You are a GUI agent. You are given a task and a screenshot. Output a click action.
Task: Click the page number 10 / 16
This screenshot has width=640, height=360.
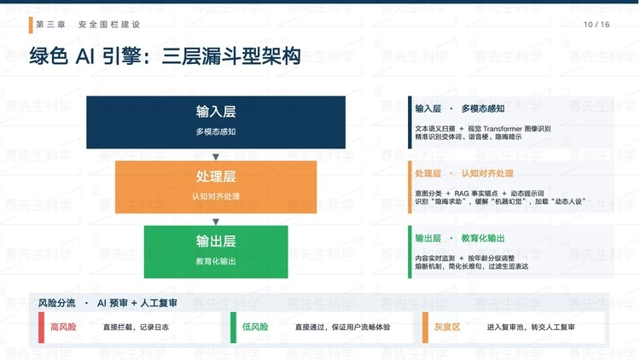tap(596, 25)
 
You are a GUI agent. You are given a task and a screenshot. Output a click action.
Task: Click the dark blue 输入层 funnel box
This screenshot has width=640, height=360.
tap(216, 122)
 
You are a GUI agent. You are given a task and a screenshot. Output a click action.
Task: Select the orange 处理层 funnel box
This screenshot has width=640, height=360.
tap(216, 187)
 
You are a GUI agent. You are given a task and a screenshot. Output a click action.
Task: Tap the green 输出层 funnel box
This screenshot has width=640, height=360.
tap(216, 252)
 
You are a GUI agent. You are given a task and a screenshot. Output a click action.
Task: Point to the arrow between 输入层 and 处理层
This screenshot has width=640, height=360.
tap(216, 157)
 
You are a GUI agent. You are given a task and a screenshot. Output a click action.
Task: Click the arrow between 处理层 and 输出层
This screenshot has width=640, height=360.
tap(216, 222)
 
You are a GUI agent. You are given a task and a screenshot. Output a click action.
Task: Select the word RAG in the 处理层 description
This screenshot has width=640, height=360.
tap(461, 194)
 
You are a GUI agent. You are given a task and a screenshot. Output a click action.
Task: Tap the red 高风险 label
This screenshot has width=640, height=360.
tap(63, 327)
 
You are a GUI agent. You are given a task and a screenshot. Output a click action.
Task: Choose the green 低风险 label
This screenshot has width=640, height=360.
tap(255, 327)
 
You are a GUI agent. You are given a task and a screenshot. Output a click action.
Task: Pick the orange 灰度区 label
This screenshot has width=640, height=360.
tap(447, 327)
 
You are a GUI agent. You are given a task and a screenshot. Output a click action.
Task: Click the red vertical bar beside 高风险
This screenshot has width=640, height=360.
tap(41, 328)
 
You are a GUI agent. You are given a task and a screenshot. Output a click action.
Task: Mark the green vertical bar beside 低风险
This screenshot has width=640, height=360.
tap(233, 328)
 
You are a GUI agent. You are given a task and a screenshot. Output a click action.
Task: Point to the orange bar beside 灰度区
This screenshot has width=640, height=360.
tap(425, 328)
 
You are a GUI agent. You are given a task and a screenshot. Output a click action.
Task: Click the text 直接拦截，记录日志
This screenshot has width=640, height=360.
tap(136, 328)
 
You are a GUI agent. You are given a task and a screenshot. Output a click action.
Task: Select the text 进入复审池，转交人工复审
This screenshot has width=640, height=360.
tap(531, 328)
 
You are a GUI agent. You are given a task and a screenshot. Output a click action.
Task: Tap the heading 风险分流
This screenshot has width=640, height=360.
tap(56, 303)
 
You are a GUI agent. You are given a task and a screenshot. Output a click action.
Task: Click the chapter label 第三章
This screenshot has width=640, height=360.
tap(50, 25)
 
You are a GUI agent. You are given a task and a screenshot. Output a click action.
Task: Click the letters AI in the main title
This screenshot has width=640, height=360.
tap(85, 56)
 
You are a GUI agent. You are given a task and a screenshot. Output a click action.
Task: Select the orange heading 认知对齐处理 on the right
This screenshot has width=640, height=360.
tap(487, 173)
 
